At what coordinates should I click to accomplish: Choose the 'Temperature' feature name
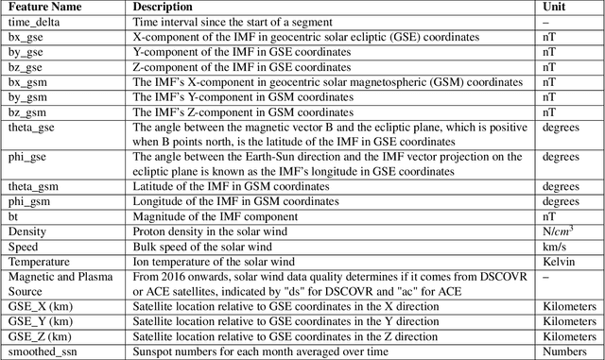point(41,262)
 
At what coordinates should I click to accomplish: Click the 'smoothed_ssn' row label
point(43,351)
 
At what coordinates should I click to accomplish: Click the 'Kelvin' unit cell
point(560,262)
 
